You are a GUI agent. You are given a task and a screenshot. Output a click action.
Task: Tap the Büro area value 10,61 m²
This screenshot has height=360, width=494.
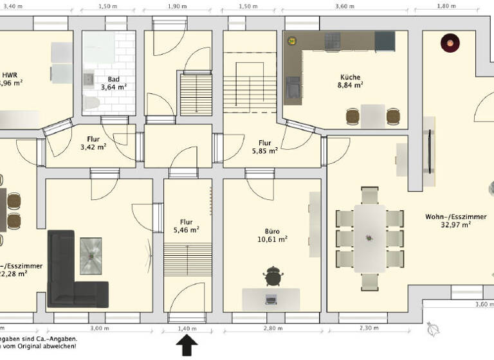point(272,239)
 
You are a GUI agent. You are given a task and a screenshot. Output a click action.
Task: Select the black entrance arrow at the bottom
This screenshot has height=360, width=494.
point(187,346)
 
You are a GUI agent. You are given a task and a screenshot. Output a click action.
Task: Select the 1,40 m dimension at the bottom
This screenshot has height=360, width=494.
point(187,328)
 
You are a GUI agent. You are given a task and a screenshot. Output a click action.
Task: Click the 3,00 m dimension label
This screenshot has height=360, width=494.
point(99,328)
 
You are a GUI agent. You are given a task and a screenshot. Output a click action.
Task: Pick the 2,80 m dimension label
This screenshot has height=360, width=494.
point(273,328)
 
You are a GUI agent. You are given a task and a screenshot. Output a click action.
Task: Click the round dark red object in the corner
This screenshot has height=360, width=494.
point(450,44)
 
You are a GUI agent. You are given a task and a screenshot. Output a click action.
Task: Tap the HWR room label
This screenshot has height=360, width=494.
point(10,74)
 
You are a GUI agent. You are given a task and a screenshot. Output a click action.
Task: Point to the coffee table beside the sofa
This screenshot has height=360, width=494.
point(90,255)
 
